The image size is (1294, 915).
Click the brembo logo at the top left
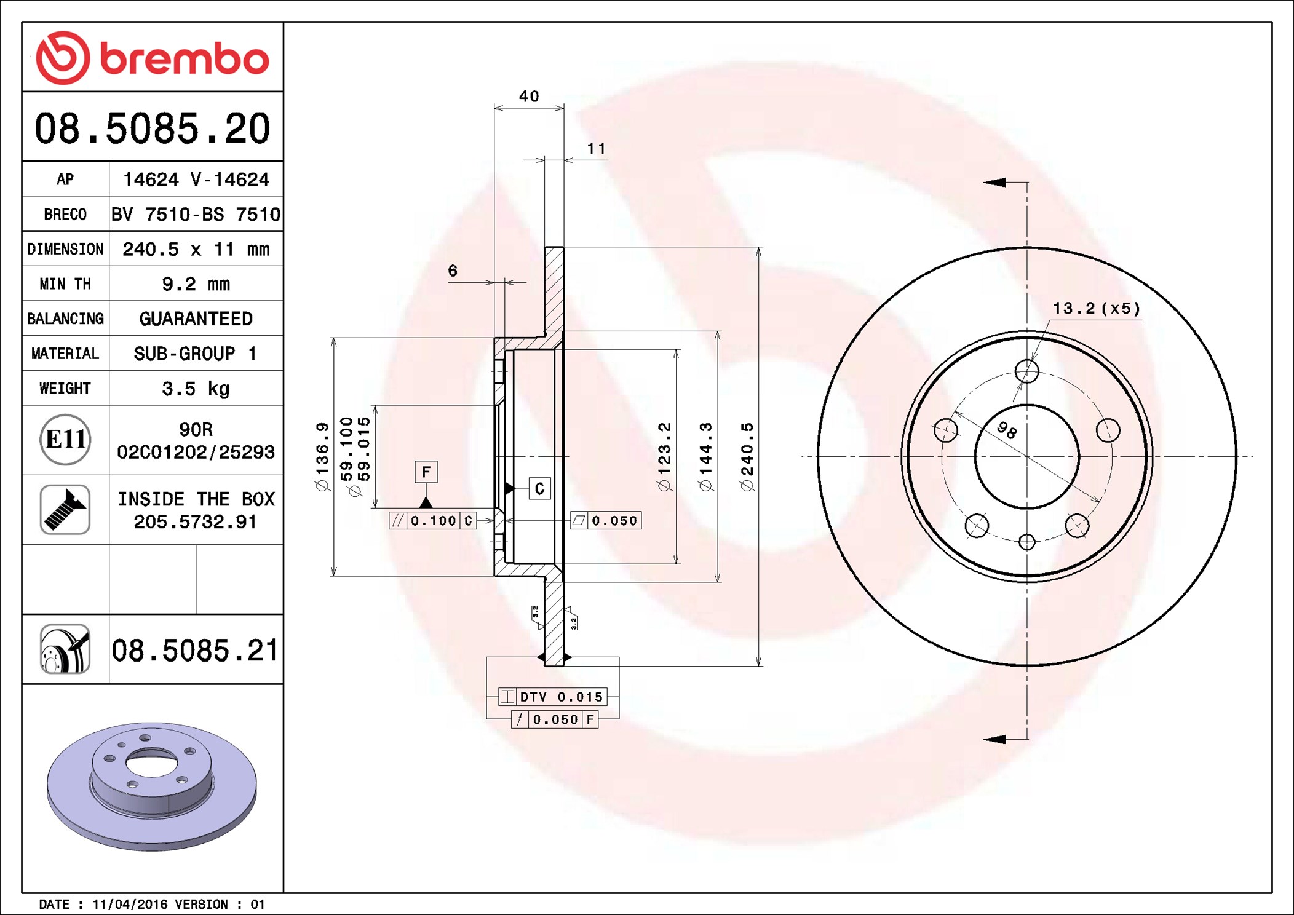[x=153, y=58]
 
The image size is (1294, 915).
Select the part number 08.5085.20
[x=153, y=129]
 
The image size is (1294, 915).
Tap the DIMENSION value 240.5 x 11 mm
[x=196, y=249]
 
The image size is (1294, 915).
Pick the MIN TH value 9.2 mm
[x=196, y=284]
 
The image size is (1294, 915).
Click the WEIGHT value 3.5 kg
[x=196, y=389]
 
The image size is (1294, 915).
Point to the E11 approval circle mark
[x=65, y=439]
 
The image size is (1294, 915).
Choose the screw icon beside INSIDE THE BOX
[x=65, y=509]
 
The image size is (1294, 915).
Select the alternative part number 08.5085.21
[x=195, y=650]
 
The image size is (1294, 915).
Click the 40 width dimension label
[x=529, y=97]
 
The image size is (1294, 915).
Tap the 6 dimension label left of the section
[x=453, y=271]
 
